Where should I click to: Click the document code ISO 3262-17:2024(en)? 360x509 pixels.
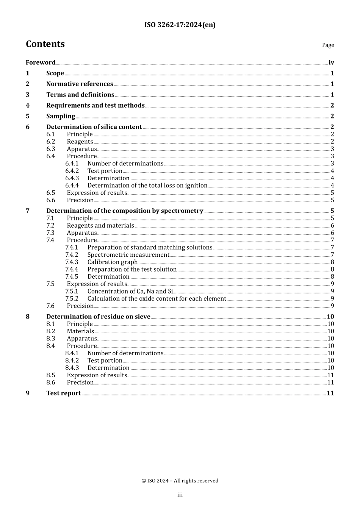pos(180,25)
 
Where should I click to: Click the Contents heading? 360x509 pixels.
pos(45,44)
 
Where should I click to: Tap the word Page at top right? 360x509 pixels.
pos(328,45)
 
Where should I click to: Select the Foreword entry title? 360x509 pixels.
pos(41,62)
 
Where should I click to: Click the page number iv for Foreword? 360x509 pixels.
pos(331,62)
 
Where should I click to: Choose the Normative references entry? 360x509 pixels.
pos(80,84)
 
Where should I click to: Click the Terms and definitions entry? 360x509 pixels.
pos(80,95)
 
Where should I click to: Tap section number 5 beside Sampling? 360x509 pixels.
pos(28,116)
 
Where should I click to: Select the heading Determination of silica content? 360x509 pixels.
pos(94,127)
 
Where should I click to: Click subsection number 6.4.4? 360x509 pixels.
pos(72,186)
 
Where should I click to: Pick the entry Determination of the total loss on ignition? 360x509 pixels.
pos(147,186)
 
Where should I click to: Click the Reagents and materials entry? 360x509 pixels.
pos(100,226)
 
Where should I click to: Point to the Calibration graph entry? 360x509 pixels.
pos(113,262)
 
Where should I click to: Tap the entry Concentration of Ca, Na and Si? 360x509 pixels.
pos(130,291)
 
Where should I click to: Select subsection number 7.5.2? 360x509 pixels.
pos(72,298)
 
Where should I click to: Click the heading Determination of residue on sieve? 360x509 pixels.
pos(98,317)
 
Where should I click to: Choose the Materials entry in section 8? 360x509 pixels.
pos(80,331)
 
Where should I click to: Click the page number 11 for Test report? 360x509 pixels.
pos(330,393)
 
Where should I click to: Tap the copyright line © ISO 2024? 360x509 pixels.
pos(180,481)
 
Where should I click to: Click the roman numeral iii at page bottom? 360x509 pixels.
pos(180,495)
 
